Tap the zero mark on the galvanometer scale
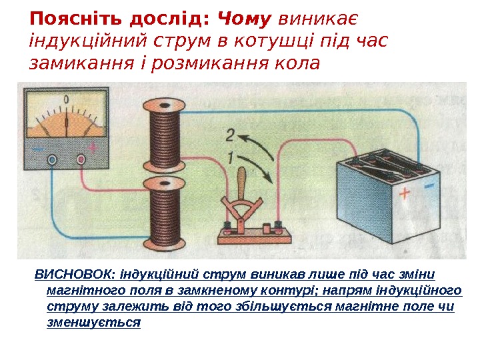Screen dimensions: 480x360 coord(66,100)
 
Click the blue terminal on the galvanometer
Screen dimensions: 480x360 coord(52,159)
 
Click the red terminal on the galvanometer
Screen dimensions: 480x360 coord(81,159)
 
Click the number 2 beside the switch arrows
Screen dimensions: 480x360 coord(229,136)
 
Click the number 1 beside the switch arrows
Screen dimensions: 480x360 coord(231,159)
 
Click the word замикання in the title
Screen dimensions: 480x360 coord(69,64)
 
